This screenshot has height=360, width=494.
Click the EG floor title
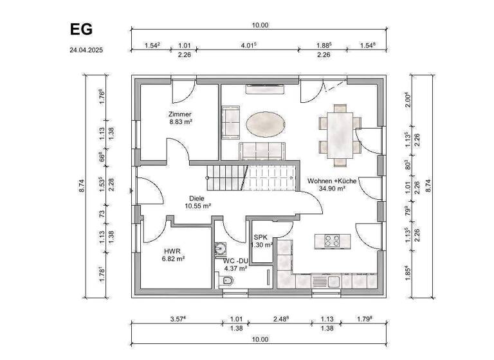point(81,30)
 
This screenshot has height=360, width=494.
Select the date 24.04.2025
point(87,49)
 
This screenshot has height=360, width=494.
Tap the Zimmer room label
point(181,114)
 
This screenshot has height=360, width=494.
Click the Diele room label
point(197,199)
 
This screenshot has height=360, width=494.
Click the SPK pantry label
point(261,237)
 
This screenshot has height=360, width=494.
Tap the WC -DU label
point(235,260)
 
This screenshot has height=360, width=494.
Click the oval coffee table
point(264,124)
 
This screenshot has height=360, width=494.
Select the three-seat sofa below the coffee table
point(262,151)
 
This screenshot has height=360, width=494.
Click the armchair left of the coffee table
point(230,123)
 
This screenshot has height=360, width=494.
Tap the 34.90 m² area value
point(333,189)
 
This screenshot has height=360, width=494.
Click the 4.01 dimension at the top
point(248,45)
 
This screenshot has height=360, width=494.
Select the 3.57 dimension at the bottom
point(178,318)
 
